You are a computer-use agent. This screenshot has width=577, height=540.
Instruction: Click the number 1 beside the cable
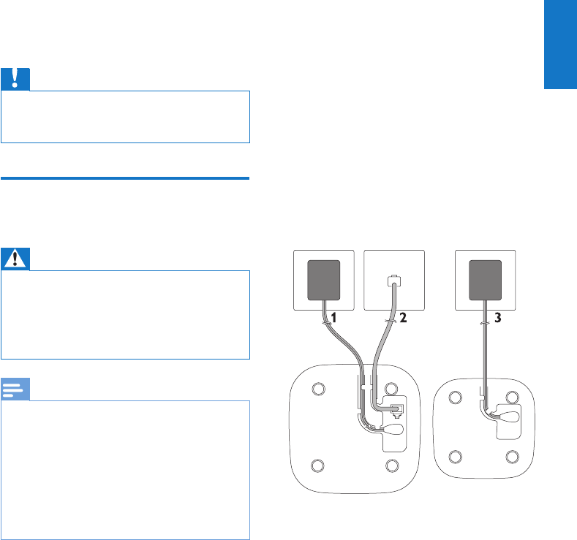(x=333, y=319)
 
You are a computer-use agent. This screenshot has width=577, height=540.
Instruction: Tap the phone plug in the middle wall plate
(x=394, y=280)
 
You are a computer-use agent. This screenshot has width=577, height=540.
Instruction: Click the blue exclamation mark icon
(x=15, y=79)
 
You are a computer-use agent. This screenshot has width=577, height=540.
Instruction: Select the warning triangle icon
(x=15, y=259)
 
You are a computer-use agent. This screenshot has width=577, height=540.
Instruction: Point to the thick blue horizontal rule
(x=125, y=178)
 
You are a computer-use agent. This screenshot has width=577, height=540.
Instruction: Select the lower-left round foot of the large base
(x=317, y=464)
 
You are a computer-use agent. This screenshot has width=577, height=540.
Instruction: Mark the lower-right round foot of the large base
(x=392, y=464)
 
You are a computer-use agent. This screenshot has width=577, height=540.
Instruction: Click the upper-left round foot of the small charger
(x=456, y=397)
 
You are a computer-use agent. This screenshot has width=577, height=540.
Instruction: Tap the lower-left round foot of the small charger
(x=456, y=457)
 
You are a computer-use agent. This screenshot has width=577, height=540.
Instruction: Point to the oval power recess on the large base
(x=396, y=431)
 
